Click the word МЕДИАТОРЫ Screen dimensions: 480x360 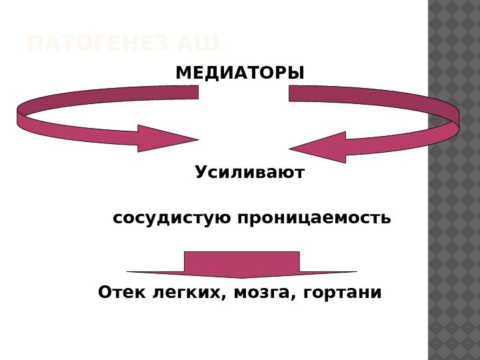click(x=239, y=71)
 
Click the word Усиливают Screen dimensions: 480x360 click(x=249, y=173)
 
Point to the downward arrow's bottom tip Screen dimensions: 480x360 click(x=241, y=277)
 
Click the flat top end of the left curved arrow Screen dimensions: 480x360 click(x=196, y=92)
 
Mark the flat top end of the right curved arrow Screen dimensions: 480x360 click(x=291, y=93)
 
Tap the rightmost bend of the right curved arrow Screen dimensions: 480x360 click(x=457, y=117)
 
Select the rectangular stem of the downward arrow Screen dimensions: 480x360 click(x=241, y=260)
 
